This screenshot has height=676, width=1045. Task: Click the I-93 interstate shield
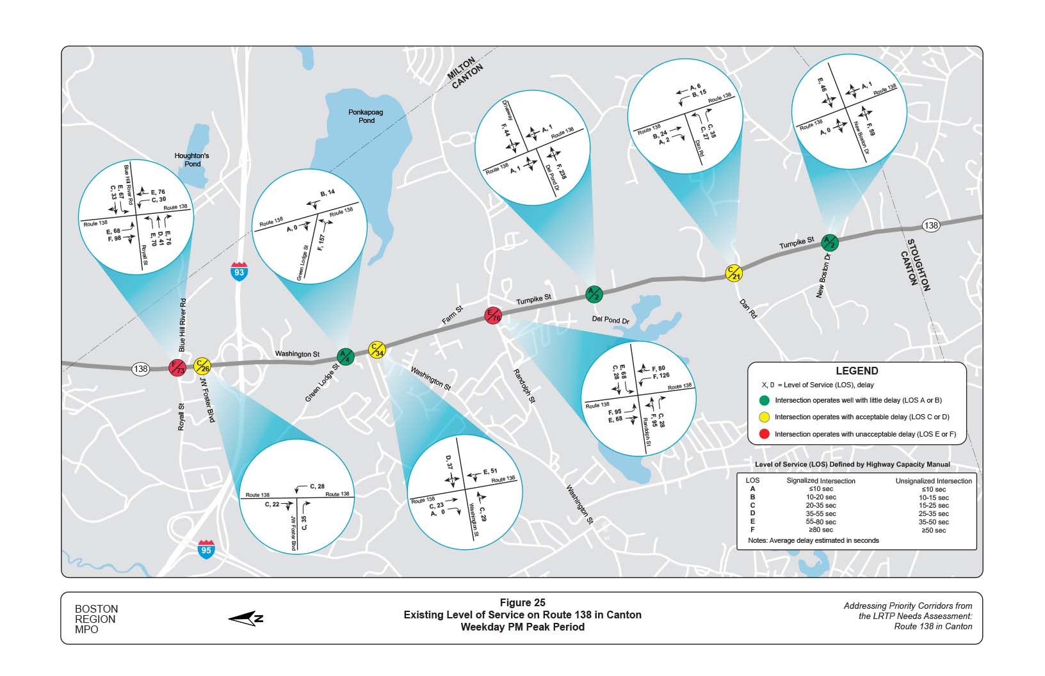[x=239, y=271]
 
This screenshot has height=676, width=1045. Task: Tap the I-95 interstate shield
[x=206, y=548]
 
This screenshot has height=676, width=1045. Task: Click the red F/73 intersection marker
[x=177, y=367]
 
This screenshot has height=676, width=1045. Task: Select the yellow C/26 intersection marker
[x=202, y=366]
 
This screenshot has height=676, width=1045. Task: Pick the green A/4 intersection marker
[x=344, y=356]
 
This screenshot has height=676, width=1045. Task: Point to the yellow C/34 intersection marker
[x=377, y=350]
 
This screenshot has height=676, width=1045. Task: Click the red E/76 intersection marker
[x=492, y=316]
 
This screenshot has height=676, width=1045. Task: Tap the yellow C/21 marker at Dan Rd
[x=734, y=273]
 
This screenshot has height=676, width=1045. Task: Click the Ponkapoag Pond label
[x=366, y=116]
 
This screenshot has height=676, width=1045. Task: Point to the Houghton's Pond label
[x=192, y=159]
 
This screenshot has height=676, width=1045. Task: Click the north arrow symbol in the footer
[x=246, y=618]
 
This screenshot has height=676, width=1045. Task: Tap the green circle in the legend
[x=764, y=400]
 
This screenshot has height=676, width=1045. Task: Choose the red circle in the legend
[x=764, y=434]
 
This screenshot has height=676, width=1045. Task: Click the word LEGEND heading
[x=857, y=371]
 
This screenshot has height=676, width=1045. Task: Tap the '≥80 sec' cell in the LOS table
[x=821, y=530]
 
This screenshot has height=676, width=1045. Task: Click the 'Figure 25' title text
[x=522, y=602]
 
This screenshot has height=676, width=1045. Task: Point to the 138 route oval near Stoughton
[x=930, y=225]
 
